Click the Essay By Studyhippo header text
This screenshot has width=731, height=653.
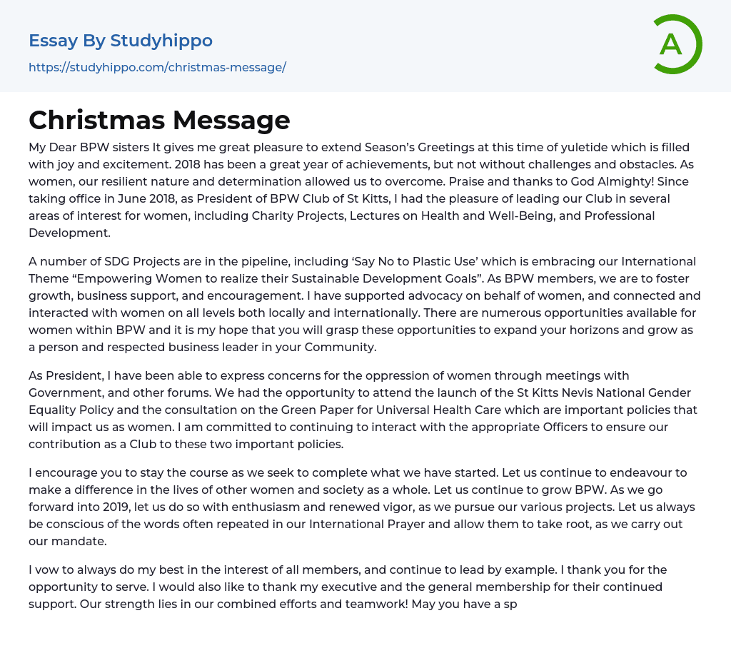pos(121,41)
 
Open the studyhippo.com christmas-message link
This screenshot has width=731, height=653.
pos(157,67)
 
